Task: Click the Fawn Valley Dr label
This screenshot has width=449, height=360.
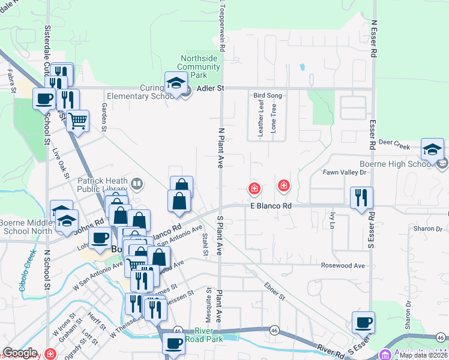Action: pyautogui.click(x=345, y=172)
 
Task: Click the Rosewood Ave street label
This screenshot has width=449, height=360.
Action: pyautogui.click(x=343, y=266)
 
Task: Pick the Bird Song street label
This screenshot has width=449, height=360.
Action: pyautogui.click(x=268, y=95)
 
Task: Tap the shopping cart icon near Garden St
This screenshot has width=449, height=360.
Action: pyautogui.click(x=77, y=121)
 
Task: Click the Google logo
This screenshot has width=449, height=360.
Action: pyautogui.click(x=20, y=353)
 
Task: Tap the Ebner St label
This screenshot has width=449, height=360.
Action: pyautogui.click(x=274, y=291)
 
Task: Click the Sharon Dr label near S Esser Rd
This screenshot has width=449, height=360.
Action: pyautogui.click(x=427, y=229)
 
